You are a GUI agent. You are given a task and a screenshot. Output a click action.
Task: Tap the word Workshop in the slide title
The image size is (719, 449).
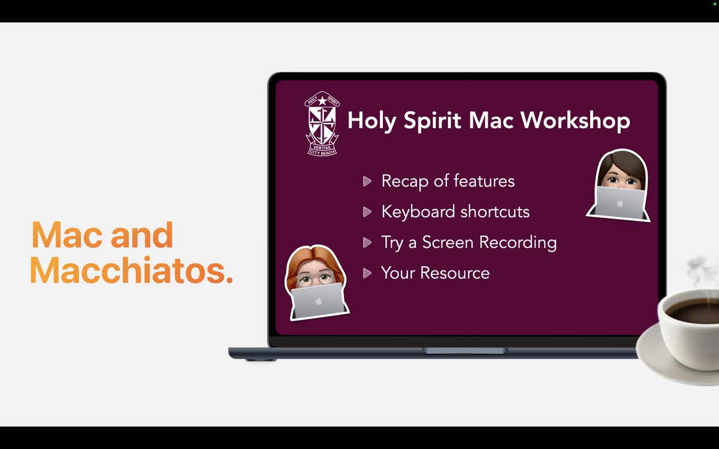pyautogui.click(x=575, y=120)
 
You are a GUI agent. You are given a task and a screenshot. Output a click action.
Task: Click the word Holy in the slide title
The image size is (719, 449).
pyautogui.click(x=372, y=121)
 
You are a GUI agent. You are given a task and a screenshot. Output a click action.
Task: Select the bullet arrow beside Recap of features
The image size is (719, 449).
pyautogui.click(x=367, y=181)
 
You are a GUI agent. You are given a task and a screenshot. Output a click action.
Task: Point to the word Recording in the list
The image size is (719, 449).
pyautogui.click(x=520, y=242)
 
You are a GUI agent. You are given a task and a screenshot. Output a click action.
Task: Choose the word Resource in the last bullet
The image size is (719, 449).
pyautogui.click(x=455, y=273)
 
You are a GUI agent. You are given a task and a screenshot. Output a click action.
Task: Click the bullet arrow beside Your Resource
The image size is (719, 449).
pyautogui.click(x=367, y=274)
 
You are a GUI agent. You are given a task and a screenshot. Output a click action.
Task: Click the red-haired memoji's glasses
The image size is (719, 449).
pyautogui.click(x=316, y=278)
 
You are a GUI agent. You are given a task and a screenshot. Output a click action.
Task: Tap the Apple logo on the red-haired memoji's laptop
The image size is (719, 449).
pyautogui.click(x=319, y=302)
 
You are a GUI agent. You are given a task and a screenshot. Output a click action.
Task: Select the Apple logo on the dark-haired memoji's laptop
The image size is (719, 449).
pyautogui.click(x=621, y=204)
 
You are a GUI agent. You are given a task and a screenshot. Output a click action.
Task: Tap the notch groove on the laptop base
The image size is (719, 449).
pyautogui.click(x=465, y=350)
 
